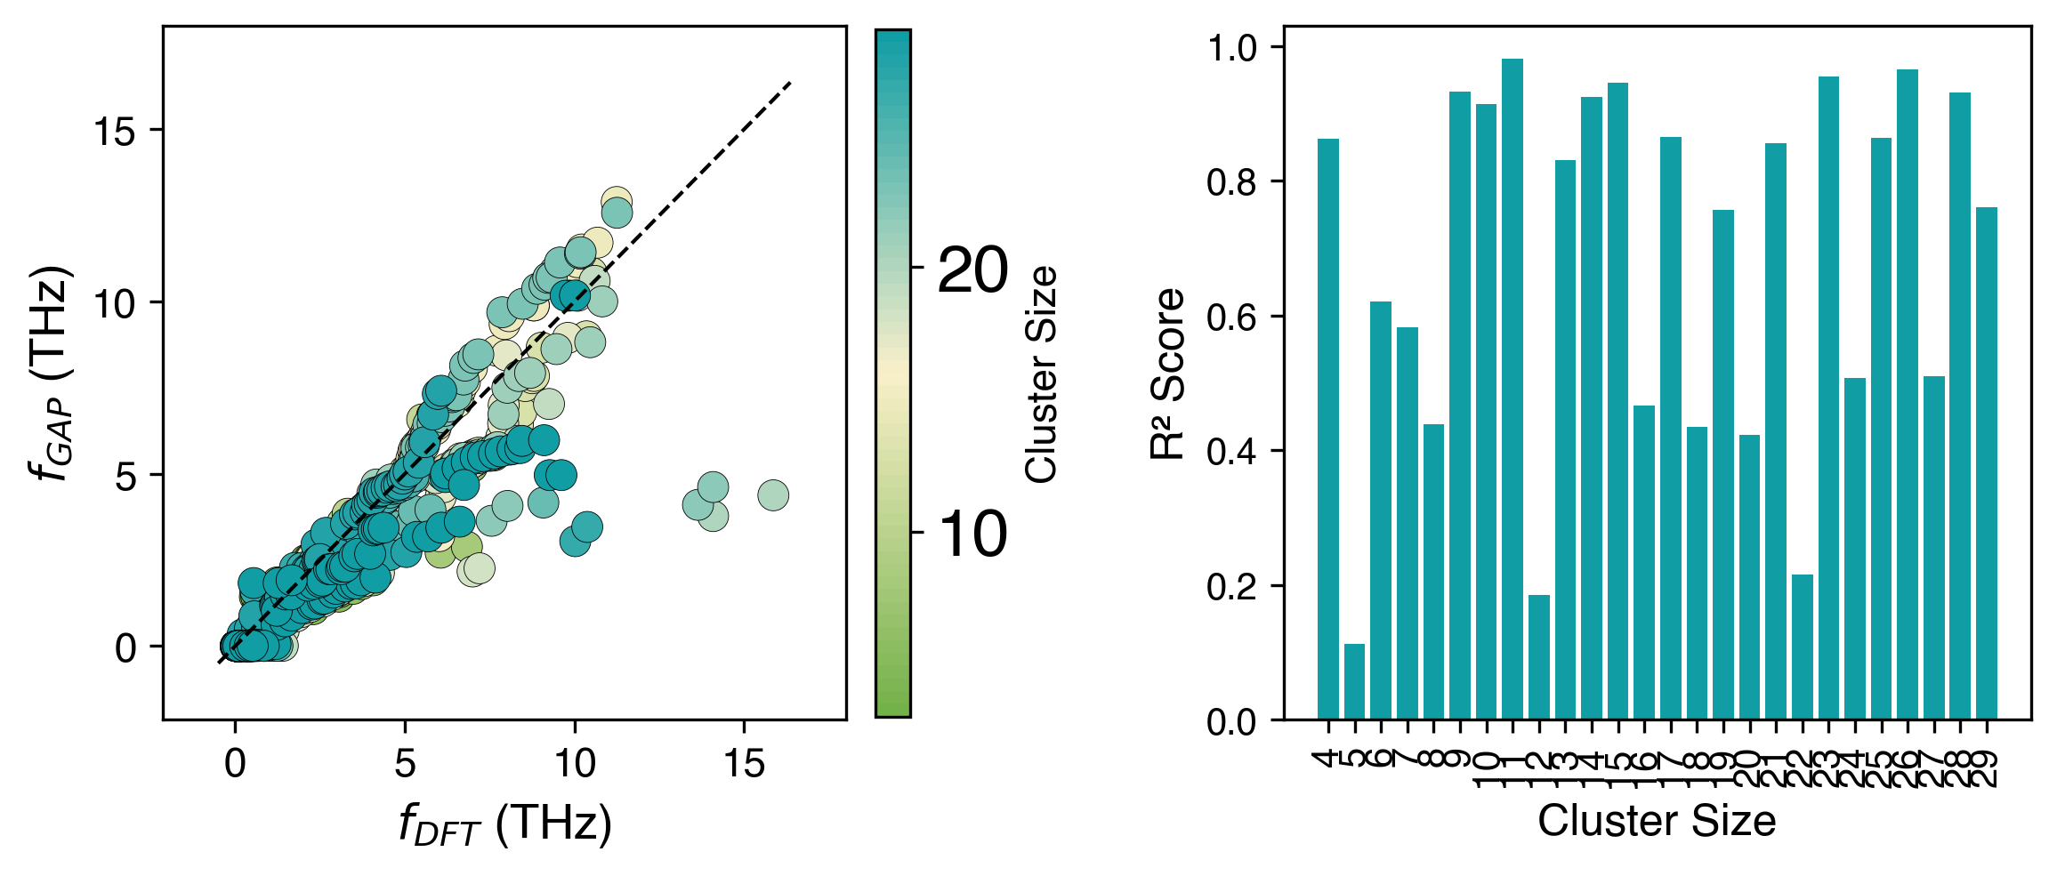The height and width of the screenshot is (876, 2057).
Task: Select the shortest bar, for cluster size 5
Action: tap(1354, 681)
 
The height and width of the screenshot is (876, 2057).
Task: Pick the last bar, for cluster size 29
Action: tap(1986, 462)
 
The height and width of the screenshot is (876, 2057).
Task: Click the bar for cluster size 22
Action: tap(1802, 647)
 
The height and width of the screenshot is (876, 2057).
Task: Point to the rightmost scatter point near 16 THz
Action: tap(773, 495)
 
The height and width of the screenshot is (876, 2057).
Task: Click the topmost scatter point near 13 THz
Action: tap(616, 201)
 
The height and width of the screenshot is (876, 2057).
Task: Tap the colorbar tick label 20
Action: tap(972, 269)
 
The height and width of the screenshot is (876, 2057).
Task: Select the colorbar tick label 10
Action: tap(972, 534)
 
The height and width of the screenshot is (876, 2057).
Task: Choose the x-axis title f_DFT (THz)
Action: tap(504, 824)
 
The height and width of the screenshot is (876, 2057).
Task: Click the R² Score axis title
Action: tap(1168, 374)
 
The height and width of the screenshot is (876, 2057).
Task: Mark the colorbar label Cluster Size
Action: tap(1042, 374)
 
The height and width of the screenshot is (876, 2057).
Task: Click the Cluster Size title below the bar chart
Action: tap(1657, 820)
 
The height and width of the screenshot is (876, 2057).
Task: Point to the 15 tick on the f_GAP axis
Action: tap(113, 131)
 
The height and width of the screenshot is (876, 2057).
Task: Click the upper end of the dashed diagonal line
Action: tap(789, 84)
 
